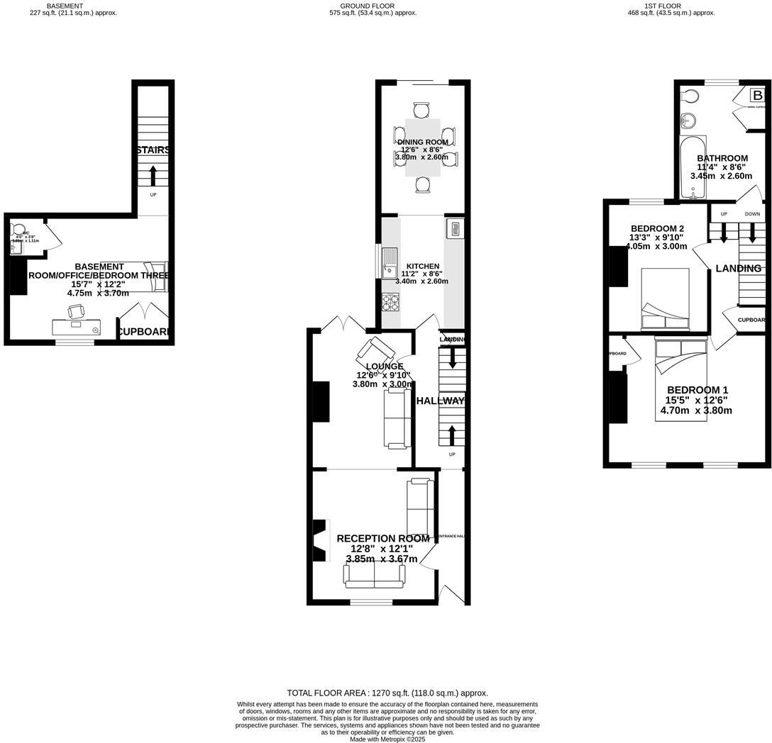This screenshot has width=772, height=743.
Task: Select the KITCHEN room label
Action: tap(423, 267)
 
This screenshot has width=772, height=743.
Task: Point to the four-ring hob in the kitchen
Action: tap(390, 303)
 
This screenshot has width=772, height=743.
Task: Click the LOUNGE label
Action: tap(384, 367)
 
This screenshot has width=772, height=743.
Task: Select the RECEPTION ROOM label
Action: tap(382, 539)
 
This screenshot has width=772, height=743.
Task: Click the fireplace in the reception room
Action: tap(321, 540)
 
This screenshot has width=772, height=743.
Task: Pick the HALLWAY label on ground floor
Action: tap(440, 401)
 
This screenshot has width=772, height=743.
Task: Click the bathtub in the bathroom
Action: tap(690, 167)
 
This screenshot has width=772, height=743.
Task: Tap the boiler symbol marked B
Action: tap(757, 96)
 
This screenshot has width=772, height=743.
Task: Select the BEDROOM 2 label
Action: tap(657, 228)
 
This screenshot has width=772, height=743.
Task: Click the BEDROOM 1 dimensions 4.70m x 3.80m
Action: tap(695, 410)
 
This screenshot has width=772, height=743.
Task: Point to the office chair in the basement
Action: tap(76, 311)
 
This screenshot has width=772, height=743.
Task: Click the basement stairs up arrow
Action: tap(153, 174)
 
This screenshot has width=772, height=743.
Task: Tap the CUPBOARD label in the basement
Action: tap(144, 332)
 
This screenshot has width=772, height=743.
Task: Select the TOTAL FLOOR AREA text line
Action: tap(387, 693)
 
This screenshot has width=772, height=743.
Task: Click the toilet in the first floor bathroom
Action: tap(688, 119)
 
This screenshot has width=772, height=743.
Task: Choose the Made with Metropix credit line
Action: tap(387, 739)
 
